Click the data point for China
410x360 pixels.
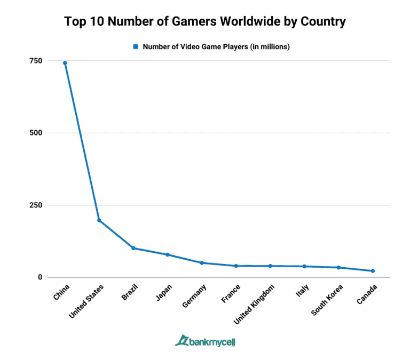click(65, 63)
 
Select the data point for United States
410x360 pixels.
click(99, 220)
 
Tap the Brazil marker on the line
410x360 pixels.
click(133, 248)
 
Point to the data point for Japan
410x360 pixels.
click(167, 254)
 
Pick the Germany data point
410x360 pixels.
click(201, 263)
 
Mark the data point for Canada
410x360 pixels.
click(373, 271)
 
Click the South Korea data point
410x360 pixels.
click(338, 267)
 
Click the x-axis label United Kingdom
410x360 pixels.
click(257, 304)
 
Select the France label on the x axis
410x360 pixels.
click(231, 294)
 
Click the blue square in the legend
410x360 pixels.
click(136, 47)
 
